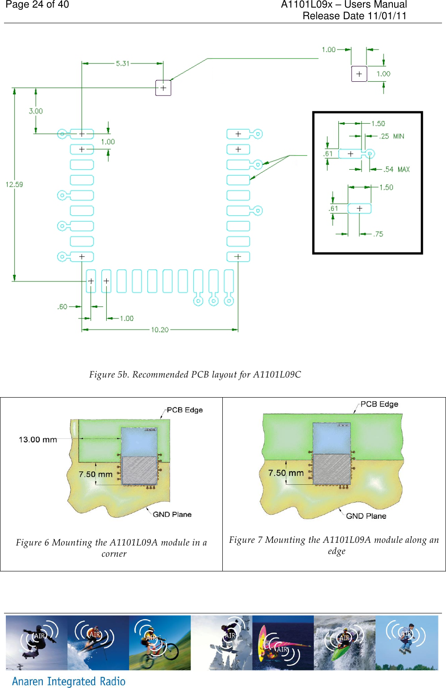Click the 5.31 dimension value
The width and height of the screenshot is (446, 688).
click(122, 63)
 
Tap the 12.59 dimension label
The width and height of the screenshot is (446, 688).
click(14, 184)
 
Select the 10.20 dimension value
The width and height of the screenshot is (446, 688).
click(159, 330)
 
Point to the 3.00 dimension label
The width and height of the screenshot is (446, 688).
click(36, 111)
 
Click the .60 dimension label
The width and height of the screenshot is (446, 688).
click(62, 306)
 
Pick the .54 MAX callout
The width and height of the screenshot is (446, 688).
click(396, 169)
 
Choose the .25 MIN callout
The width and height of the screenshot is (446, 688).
click(392, 136)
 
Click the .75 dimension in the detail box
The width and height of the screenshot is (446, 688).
click(378, 234)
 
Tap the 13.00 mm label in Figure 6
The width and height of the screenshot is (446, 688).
click(38, 440)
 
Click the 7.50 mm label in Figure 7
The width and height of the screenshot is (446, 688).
click(286, 473)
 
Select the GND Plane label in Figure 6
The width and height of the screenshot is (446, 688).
click(172, 514)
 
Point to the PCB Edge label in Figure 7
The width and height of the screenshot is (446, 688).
click(379, 404)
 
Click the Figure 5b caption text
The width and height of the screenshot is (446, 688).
click(195, 374)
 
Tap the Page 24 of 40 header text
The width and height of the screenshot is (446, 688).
click(37, 5)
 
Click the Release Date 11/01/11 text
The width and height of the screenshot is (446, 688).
click(354, 16)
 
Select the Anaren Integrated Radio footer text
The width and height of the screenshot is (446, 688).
click(69, 681)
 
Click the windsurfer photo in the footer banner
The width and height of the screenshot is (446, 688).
click(283, 642)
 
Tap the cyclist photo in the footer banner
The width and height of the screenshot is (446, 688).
click(159, 642)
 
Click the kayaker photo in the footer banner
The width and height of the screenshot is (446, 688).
click(344, 642)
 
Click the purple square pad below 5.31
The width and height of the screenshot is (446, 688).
click(163, 88)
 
